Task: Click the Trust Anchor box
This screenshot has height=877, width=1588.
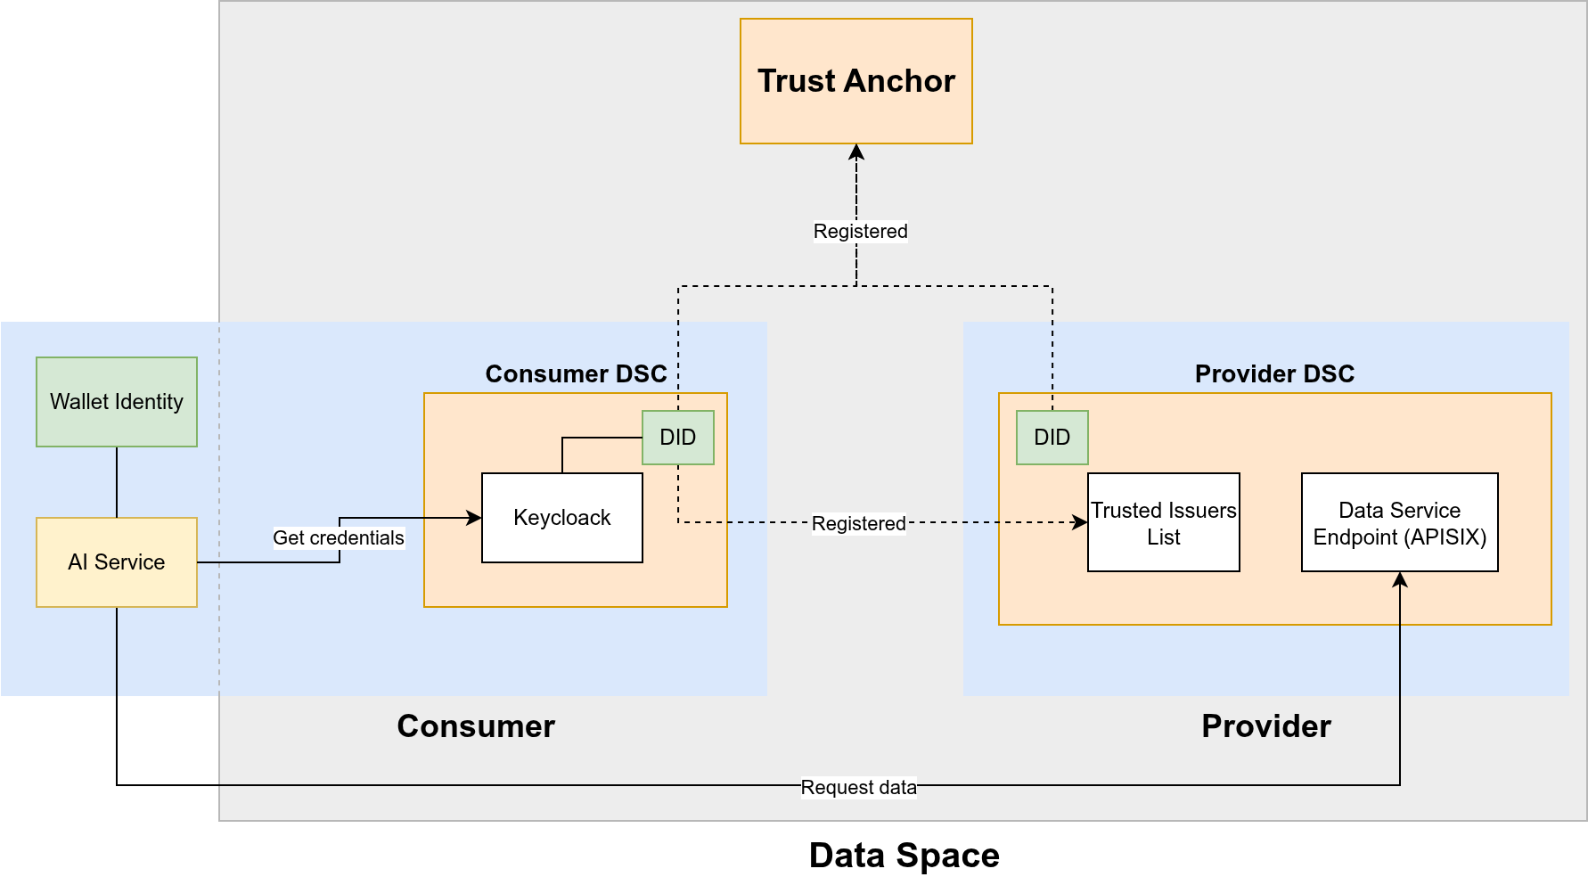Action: (855, 81)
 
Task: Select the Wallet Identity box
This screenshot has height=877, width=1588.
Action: (117, 402)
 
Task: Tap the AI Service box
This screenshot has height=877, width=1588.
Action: (117, 562)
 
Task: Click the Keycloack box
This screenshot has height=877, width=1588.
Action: (561, 518)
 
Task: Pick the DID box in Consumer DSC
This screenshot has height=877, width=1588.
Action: (677, 438)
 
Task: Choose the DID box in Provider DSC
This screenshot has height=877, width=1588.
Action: (1052, 438)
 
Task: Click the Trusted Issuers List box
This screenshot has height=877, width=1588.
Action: (1163, 523)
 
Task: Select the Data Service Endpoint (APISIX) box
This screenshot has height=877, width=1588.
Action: (1399, 523)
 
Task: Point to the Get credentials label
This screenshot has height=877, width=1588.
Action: (339, 537)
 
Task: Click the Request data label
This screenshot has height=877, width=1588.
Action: (858, 787)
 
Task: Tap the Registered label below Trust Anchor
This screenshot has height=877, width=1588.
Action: (860, 231)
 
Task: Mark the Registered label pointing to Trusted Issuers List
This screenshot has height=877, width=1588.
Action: (858, 523)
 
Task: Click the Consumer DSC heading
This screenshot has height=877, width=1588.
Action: (576, 373)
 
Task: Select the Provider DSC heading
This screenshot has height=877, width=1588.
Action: (1274, 373)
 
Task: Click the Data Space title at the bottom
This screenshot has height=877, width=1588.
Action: (904, 855)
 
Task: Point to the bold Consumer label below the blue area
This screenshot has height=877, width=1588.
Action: (476, 726)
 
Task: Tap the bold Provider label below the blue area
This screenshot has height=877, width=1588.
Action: (1265, 726)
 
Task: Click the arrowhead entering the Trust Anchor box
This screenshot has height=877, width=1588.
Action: (856, 152)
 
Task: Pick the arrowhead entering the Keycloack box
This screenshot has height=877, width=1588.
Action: (474, 518)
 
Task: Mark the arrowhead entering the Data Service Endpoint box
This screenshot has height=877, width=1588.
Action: (1400, 579)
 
